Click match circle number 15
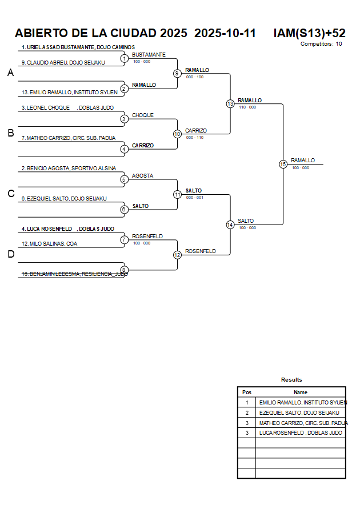[x=283, y=164]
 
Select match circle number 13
[x=230, y=104]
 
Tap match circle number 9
[x=177, y=73]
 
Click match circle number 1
[x=124, y=58]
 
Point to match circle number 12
[x=177, y=255]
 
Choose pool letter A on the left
[x=10, y=73]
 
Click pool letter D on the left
[x=10, y=254]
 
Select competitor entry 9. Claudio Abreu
[x=63, y=62]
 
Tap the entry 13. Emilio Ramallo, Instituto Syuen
[x=69, y=92]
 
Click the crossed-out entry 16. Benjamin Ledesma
[x=74, y=274]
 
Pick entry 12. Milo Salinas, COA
[x=49, y=244]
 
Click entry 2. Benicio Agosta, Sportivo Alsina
[x=69, y=169]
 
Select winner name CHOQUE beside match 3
[x=143, y=115]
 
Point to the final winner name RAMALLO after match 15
[x=303, y=161]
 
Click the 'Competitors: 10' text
[x=321, y=43]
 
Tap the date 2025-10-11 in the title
[x=225, y=33]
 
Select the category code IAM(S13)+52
[x=309, y=33]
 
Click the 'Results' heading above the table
[x=291, y=379]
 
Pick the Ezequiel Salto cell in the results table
[x=299, y=412]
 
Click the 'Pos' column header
[x=247, y=392]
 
